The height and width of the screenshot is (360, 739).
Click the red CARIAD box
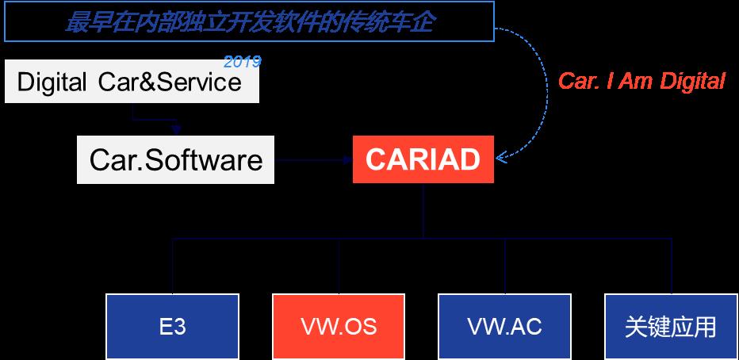pos(423,159)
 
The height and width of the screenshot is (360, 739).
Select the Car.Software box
pos(175,159)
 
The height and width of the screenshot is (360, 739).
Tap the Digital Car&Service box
pos(132,81)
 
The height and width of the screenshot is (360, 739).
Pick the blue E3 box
pos(173,327)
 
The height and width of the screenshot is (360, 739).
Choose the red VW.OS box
pos(339,327)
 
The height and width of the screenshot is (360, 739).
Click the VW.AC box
pos(505,327)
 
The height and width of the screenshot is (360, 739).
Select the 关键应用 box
pos(671,327)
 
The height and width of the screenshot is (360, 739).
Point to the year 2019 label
pos(243,62)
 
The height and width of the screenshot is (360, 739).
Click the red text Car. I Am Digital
pos(641,81)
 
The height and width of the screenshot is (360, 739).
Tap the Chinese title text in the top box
pos(249,21)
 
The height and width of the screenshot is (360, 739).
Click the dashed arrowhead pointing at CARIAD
pos(501,156)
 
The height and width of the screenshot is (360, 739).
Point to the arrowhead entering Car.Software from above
pos(176,130)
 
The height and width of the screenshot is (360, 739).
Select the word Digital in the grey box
pos(52,82)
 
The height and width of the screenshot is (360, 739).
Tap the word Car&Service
pos(170,82)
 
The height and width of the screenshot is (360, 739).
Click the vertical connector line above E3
pos(173,266)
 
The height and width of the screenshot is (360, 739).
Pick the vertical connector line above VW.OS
pos(339,266)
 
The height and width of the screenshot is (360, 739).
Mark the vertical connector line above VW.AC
pos(505,266)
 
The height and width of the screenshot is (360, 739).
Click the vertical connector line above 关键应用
pos(671,266)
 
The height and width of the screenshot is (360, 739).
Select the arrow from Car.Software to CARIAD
pos(314,160)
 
